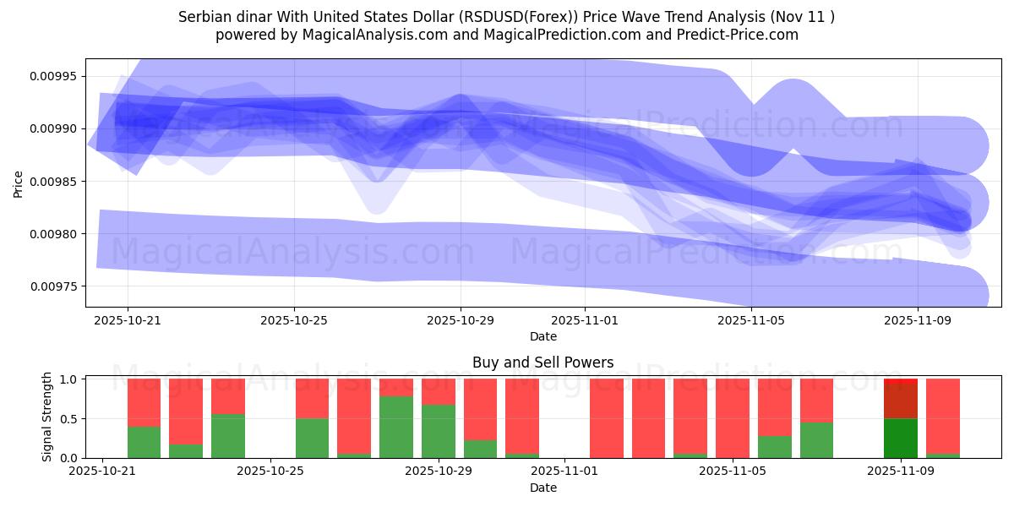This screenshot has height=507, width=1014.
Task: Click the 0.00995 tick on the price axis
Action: pyautogui.click(x=53, y=77)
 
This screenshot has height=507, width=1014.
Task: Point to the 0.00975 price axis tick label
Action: pyautogui.click(x=53, y=286)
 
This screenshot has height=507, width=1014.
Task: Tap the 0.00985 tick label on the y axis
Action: pyautogui.click(x=53, y=182)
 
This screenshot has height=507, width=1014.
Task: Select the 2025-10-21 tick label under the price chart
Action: pyautogui.click(x=128, y=321)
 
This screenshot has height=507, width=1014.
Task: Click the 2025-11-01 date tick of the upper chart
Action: pyautogui.click(x=585, y=321)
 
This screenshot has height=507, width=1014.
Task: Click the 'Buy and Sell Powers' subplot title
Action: pyautogui.click(x=542, y=363)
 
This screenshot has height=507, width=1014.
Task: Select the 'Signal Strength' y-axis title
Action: pyautogui.click(x=47, y=417)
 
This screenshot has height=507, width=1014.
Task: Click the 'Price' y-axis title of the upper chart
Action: pyautogui.click(x=19, y=183)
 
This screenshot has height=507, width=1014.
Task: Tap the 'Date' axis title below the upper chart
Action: pyautogui.click(x=542, y=336)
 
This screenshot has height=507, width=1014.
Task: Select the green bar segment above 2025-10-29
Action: pyautogui.click(x=439, y=431)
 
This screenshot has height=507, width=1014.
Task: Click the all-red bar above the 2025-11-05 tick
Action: pyautogui.click(x=732, y=418)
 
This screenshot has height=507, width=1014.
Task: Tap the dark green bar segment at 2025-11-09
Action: pyautogui.click(x=901, y=439)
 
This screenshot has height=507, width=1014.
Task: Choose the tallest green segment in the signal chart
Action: pyautogui.click(x=396, y=427)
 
